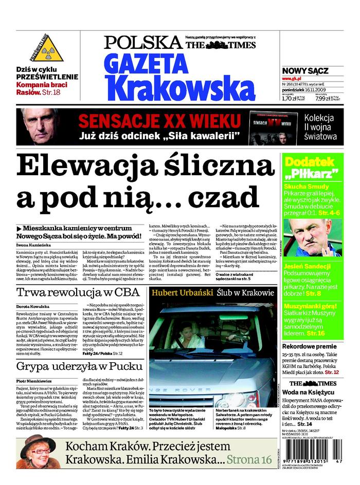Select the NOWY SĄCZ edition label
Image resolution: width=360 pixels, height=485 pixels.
(305, 71)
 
